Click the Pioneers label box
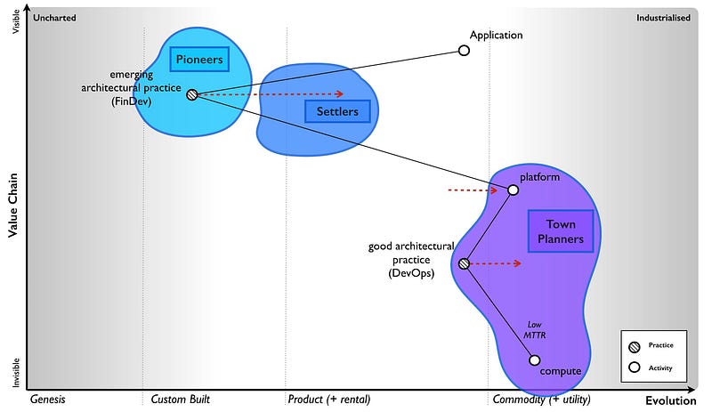[x=198, y=60]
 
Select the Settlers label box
[x=337, y=111]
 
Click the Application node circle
[x=464, y=50]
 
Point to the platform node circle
[x=513, y=190]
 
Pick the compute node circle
[x=534, y=359]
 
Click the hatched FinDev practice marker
[x=191, y=93]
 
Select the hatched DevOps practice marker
[x=464, y=263]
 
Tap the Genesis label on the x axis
[x=48, y=400]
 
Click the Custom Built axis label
[x=181, y=400]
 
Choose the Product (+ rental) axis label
[x=328, y=400]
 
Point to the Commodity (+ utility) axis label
[x=540, y=400]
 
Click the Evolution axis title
[x=669, y=400]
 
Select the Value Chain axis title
[x=13, y=205]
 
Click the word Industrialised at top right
[x=663, y=17]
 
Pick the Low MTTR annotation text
[x=534, y=331]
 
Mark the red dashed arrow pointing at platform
[x=472, y=190]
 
